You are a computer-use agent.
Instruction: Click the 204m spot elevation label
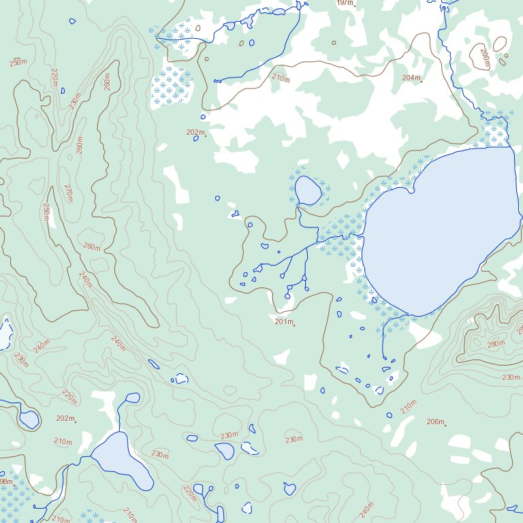coord(411,78)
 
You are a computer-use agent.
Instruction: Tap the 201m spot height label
coord(283,321)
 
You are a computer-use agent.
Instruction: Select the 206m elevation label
coord(434,422)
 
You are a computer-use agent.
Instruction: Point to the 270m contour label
coord(68,193)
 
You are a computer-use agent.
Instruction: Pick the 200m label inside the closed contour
coord(485,58)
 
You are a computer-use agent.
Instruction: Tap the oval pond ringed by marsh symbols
coord(308,191)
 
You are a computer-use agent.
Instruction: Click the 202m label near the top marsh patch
coord(195,132)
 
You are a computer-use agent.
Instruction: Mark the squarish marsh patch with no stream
coord(171,87)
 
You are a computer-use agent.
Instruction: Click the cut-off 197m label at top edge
coord(345,3)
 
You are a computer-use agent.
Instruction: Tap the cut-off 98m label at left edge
coord(5,481)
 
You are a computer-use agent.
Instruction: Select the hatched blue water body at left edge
coord(5,334)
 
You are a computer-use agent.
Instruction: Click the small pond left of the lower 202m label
coord(29,418)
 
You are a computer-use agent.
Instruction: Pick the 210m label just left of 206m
coord(408,407)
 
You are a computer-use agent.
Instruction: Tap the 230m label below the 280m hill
coord(511,377)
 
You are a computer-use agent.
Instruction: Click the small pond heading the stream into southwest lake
coord(132,397)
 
